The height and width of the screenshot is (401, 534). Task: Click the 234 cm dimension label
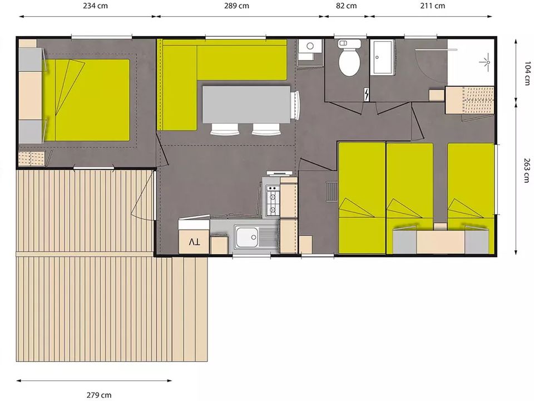point(95,6)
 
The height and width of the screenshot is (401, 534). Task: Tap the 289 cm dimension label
point(236,6)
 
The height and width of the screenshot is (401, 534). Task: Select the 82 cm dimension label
point(347,6)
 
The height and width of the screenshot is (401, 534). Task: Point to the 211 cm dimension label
point(433,6)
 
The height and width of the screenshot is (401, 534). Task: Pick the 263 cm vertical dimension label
point(527,170)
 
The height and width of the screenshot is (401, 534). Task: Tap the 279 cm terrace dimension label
point(99,395)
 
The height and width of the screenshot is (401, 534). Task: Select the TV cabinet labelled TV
point(194,242)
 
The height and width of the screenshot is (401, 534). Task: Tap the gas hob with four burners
point(273,200)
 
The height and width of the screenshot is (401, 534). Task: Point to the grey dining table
point(246,104)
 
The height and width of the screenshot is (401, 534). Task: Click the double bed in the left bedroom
point(86,100)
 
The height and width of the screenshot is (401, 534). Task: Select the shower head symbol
point(486,62)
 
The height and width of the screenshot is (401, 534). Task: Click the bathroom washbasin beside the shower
point(383,57)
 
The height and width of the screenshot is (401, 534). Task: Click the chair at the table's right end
point(295,105)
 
